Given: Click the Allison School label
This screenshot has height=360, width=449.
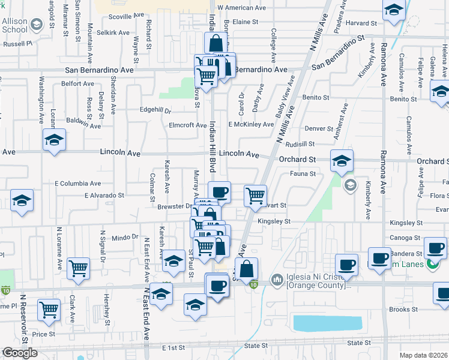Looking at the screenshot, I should click(x=14, y=25).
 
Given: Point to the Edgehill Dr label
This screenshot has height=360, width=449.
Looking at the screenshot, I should click(x=155, y=111).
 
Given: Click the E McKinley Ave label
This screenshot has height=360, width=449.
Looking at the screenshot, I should click(x=250, y=125).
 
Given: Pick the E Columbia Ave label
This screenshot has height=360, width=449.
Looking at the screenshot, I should click(x=77, y=183).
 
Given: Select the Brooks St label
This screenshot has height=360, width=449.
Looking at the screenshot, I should click(x=403, y=310).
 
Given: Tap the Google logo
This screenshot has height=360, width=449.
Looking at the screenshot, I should click(x=20, y=353).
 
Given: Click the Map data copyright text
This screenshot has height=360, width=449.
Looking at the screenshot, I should click(x=424, y=355).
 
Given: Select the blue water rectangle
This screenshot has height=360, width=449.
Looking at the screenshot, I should click(x=328, y=323).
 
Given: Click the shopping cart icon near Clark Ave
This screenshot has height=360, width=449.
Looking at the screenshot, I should click(x=79, y=269).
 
